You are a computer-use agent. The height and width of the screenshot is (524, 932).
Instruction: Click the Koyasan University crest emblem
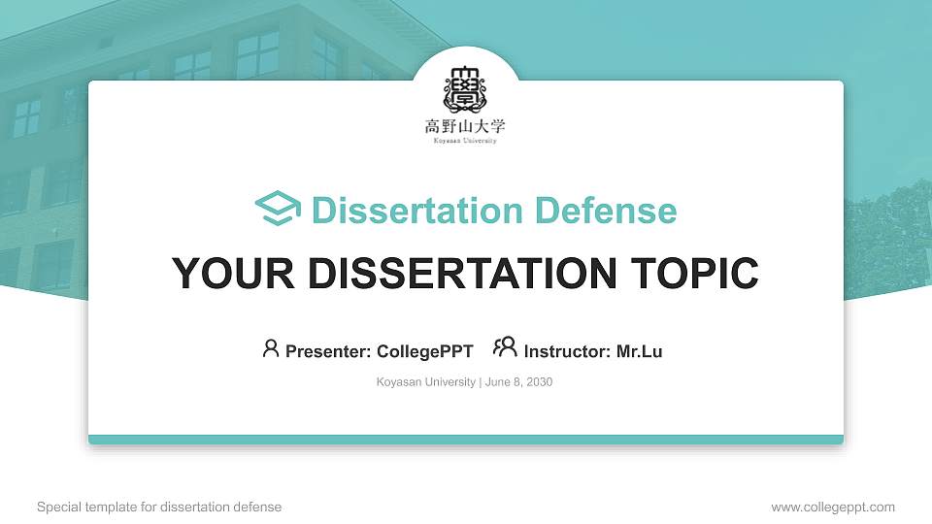tap(465, 90)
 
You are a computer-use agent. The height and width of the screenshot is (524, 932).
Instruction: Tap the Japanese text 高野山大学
tap(465, 126)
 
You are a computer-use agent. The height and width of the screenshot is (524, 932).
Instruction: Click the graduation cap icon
tap(278, 210)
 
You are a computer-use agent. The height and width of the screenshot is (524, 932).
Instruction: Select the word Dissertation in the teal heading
tap(407, 211)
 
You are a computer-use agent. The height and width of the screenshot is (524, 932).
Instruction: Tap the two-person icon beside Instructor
tap(505, 347)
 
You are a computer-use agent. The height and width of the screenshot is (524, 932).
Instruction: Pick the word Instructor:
tap(568, 351)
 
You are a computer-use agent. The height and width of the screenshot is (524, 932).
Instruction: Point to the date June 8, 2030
tap(519, 382)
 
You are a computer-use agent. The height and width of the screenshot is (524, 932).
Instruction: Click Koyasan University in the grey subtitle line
tap(426, 382)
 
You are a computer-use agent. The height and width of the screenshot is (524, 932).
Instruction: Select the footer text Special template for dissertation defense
tap(159, 507)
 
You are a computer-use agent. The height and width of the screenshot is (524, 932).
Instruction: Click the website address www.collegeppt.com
tap(833, 507)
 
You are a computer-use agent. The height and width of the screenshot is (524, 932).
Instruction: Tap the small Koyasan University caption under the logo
tap(465, 141)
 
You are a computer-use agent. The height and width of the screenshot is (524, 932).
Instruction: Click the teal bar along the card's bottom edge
tap(466, 440)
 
